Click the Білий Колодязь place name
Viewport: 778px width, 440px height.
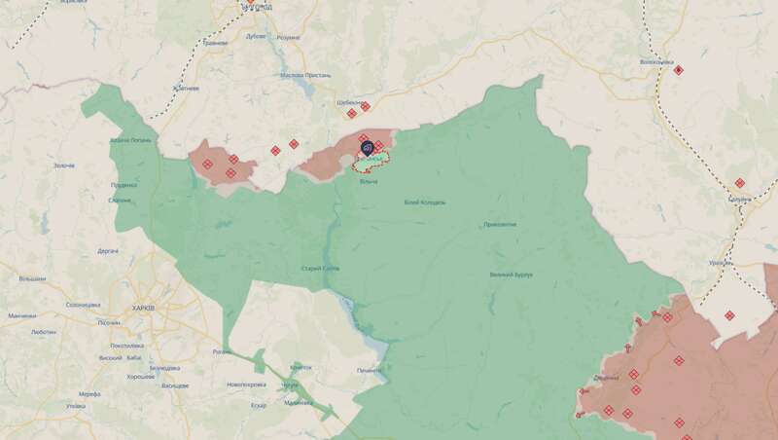coord(425,202)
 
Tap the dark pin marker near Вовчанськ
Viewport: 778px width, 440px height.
coord(368,148)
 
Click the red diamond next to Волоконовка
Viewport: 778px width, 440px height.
coord(679,69)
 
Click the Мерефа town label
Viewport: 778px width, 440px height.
coord(89,393)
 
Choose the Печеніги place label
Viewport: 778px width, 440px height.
coord(370,370)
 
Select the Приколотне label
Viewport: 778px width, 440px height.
coord(500,224)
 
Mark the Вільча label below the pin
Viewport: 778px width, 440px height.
coord(369,182)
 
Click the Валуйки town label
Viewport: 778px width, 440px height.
coord(740,198)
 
